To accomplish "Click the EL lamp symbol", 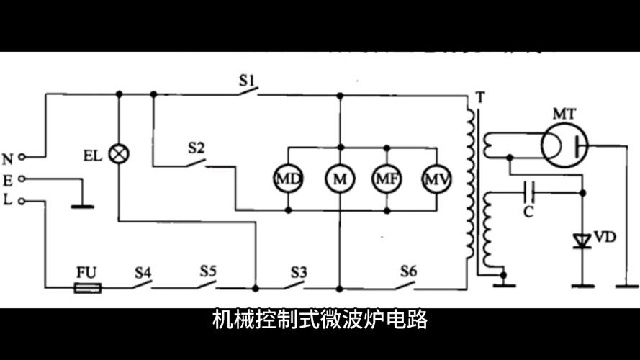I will coord(119,153).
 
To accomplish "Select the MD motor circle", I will coord(288,179).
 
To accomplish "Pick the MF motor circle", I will coord(387,179).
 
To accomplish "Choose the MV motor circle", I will coord(436,179).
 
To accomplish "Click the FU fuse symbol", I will coord(87,287).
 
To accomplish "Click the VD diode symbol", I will coord(582,241).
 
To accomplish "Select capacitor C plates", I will coord(531,192).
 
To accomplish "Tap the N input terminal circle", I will coord(23,156).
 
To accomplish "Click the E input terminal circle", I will coord(23,179).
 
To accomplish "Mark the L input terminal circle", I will coord(23,201).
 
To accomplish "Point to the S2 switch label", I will coord(196,148).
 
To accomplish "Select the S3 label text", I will coord(299,272).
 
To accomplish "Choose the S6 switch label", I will coord(408,271).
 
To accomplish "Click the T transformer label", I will coord(479,96).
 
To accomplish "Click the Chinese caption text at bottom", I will coord(320,319).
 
